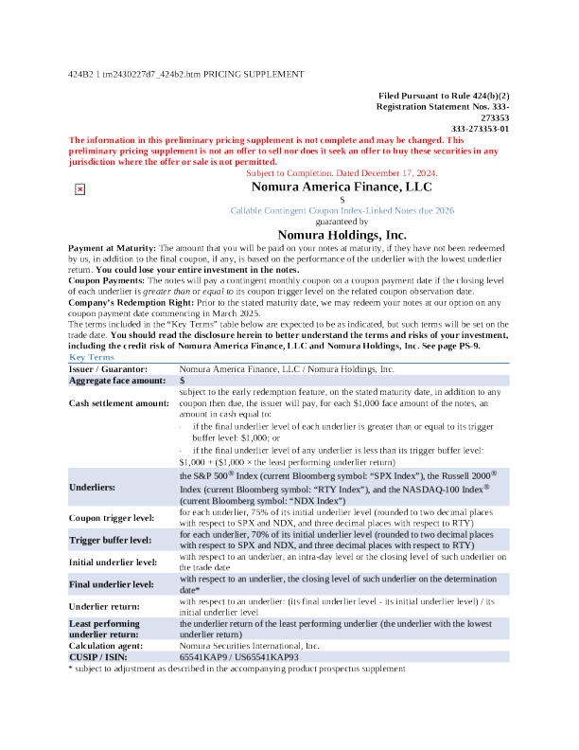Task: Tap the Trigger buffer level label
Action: point(111,540)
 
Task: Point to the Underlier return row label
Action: point(104,604)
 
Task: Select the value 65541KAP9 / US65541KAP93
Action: point(238,655)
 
